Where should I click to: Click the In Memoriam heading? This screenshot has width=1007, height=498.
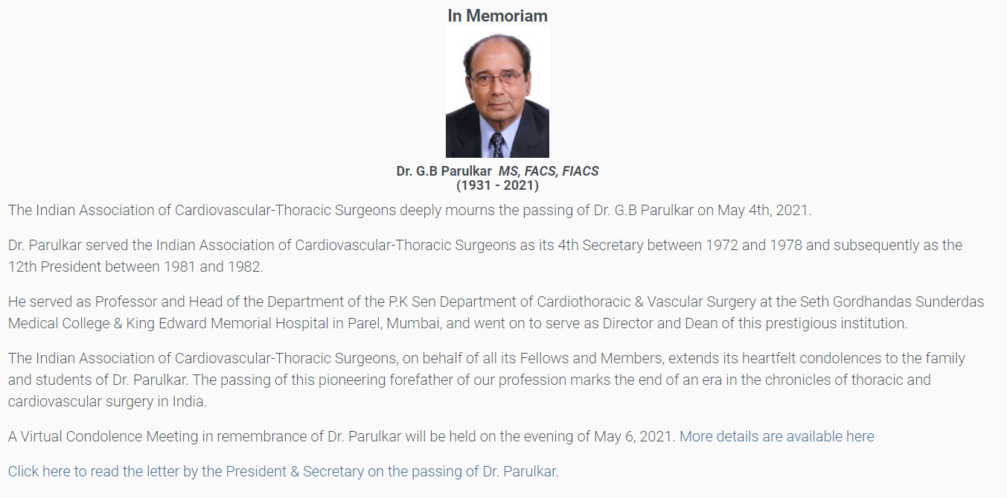click(497, 16)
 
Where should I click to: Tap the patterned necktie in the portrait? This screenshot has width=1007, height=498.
click(497, 144)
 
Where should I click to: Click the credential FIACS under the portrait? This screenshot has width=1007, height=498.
click(580, 171)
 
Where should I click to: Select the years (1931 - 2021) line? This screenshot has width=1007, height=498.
click(497, 185)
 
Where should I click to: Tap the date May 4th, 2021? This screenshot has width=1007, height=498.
click(764, 211)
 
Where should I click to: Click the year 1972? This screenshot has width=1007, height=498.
click(721, 246)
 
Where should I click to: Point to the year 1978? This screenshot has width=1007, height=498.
click(786, 246)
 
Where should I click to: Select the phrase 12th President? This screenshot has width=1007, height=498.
click(54, 267)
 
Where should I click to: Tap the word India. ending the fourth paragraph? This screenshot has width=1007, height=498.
click(189, 402)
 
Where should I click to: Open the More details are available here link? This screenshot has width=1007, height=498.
click(777, 437)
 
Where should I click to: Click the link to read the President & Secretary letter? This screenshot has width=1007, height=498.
click(284, 471)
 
